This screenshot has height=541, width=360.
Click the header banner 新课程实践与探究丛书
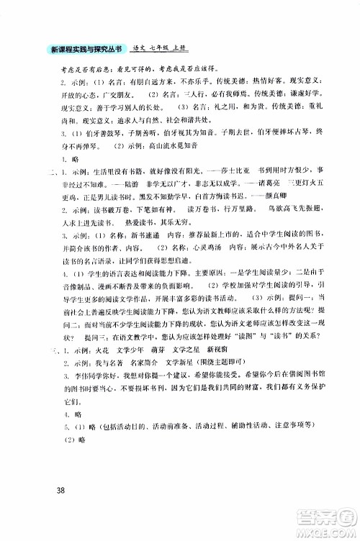point(84,48)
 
